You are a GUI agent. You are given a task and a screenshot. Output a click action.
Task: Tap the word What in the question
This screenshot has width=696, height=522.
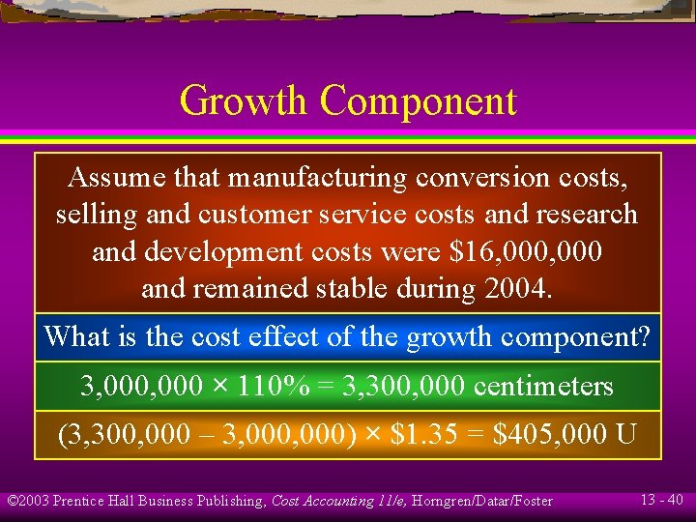tap(77, 337)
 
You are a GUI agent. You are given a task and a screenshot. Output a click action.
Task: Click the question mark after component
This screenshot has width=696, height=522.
tap(644, 337)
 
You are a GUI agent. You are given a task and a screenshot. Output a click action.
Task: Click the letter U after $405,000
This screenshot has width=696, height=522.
tap(625, 434)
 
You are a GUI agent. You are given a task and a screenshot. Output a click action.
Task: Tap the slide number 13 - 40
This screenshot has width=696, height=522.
tap(661, 500)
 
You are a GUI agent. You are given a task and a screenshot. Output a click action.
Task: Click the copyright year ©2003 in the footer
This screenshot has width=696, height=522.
tap(28, 501)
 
